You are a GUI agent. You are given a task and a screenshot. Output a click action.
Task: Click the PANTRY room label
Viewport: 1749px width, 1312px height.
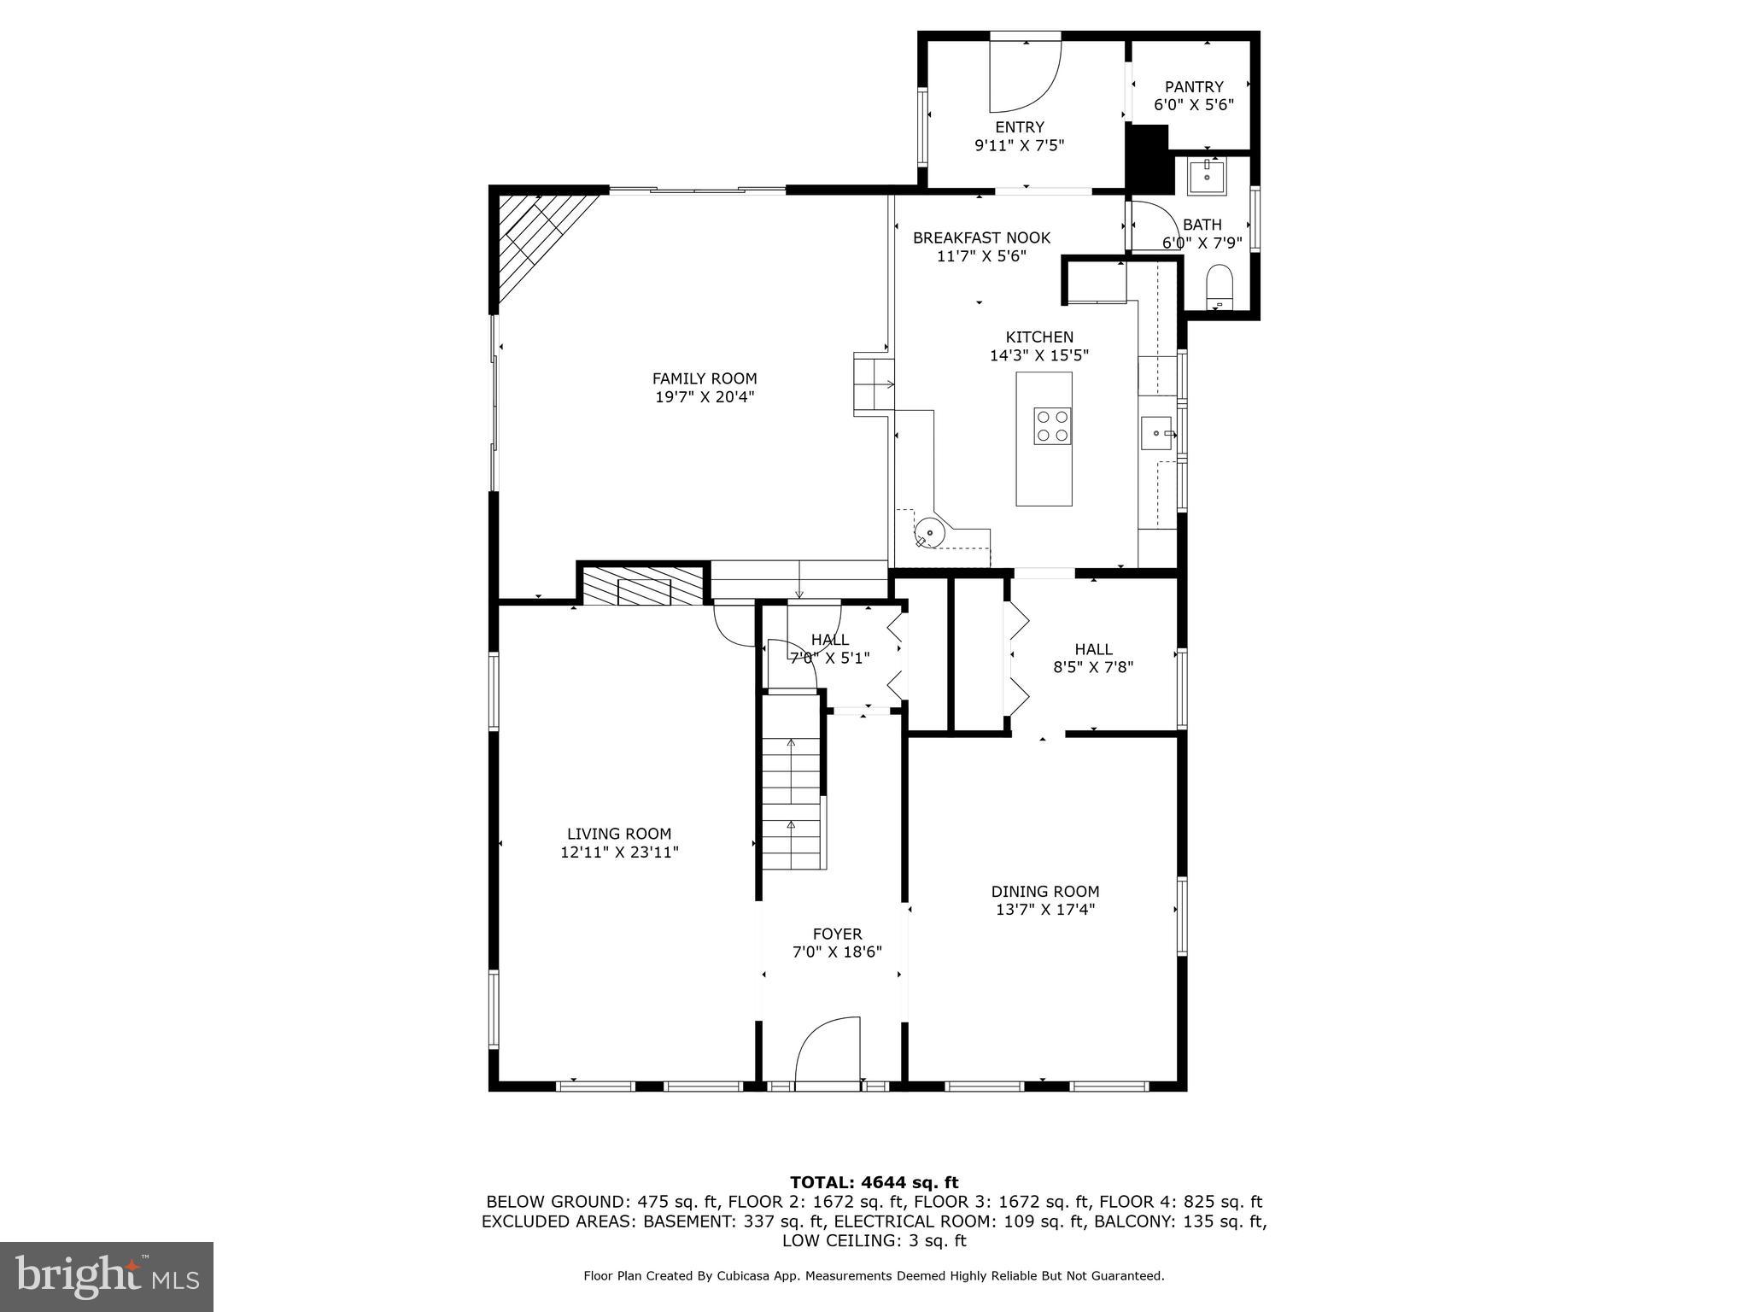click(x=1194, y=87)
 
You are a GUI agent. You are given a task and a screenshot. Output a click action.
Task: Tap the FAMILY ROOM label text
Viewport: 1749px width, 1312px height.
click(x=705, y=378)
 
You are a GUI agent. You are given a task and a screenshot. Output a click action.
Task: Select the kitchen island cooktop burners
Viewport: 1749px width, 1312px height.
click(x=1052, y=426)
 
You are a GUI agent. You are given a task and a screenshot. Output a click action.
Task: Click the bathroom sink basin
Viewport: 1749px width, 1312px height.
click(x=1206, y=176)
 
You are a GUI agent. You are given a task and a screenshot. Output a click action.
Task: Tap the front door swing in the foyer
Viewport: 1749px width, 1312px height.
click(x=827, y=1050)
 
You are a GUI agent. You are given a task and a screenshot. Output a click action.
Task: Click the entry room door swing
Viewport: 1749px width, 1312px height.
click(x=1023, y=77)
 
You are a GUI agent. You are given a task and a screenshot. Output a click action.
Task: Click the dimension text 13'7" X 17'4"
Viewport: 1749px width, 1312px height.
click(x=1045, y=910)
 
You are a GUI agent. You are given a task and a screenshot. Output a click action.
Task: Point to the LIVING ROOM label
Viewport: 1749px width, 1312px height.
click(x=619, y=834)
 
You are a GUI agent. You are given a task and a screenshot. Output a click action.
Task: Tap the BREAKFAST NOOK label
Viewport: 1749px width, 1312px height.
click(x=981, y=237)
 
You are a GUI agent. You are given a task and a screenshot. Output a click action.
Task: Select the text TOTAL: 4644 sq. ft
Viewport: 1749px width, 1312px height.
click(x=874, y=1182)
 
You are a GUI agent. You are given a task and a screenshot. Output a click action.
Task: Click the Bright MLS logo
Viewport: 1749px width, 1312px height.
click(x=107, y=1276)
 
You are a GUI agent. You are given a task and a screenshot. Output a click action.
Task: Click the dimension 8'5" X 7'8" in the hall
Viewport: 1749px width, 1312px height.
click(x=1093, y=668)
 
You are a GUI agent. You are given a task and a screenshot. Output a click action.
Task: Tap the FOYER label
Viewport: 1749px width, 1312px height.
click(x=837, y=934)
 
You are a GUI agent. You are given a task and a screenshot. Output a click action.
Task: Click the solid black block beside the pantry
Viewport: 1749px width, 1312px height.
click(x=1149, y=158)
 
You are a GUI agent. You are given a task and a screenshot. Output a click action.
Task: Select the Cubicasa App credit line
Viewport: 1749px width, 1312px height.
click(x=874, y=1275)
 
